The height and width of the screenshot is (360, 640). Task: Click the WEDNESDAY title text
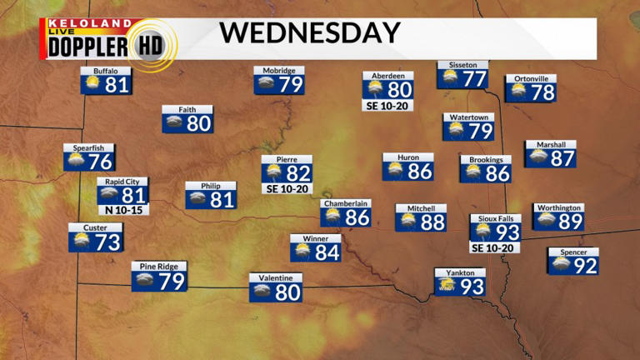(310, 33)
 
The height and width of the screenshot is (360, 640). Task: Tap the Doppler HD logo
(108, 43)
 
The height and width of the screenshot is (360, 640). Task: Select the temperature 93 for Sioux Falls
(507, 232)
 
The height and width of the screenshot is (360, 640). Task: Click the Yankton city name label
(460, 272)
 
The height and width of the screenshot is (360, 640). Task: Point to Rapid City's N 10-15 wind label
(122, 210)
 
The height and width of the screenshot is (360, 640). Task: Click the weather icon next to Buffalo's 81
(91, 85)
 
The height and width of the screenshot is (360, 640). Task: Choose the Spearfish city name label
(88, 148)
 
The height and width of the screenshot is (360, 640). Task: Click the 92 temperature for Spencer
(586, 266)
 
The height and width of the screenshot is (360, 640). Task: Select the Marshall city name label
(551, 144)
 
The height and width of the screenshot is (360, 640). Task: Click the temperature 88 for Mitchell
(432, 222)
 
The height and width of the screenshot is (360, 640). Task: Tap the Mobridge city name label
(278, 71)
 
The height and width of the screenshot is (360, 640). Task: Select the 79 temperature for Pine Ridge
(171, 282)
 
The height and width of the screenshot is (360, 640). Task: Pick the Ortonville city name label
(530, 79)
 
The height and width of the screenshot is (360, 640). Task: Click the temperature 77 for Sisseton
(474, 79)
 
